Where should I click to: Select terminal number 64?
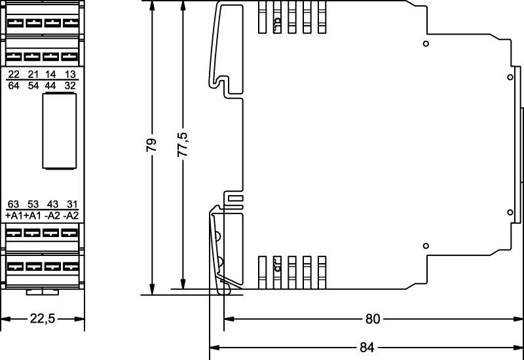pyautogui.click(x=14, y=86)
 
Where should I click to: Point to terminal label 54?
pyautogui.click(x=33, y=86)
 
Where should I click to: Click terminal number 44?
pyautogui.click(x=51, y=86)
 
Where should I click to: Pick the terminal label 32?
pyautogui.click(x=71, y=86)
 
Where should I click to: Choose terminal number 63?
pyautogui.click(x=14, y=204)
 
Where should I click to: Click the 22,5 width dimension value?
pyautogui.click(x=43, y=319)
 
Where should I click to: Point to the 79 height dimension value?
pyautogui.click(x=151, y=145)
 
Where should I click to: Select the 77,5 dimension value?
pyautogui.click(x=183, y=145)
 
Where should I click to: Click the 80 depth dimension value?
pyautogui.click(x=372, y=319)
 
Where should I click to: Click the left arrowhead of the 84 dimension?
pyautogui.click(x=213, y=347)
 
